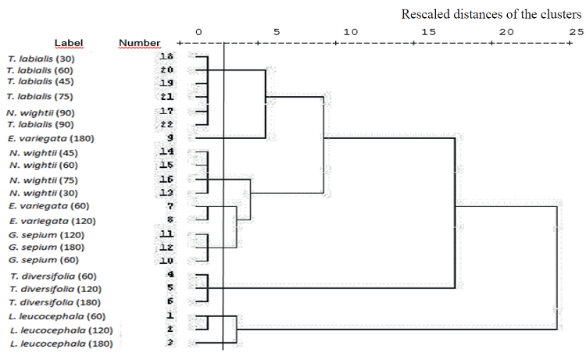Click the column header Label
click(x=69, y=42)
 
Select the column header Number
click(x=140, y=42)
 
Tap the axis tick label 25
click(x=576, y=31)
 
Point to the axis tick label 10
click(x=350, y=31)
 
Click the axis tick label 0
click(x=199, y=31)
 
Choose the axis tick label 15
click(x=427, y=31)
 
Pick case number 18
click(x=166, y=57)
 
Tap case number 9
click(x=170, y=138)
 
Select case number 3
click(x=170, y=343)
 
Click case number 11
click(x=166, y=233)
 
